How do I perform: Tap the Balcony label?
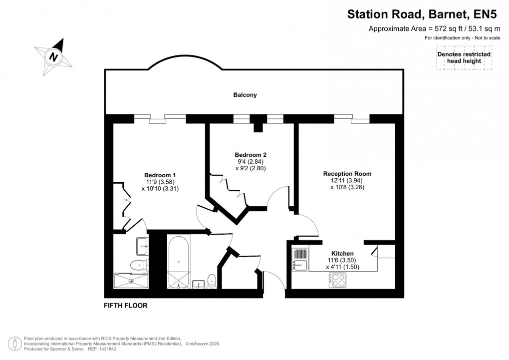[245, 95]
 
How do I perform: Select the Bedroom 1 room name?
[160, 175]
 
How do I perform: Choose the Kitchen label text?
[342, 254]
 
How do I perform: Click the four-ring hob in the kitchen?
[338, 281]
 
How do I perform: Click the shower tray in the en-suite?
[131, 281]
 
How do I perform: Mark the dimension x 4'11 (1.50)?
[342, 267]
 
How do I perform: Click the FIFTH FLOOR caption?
[125, 305]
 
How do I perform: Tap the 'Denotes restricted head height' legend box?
[464, 58]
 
